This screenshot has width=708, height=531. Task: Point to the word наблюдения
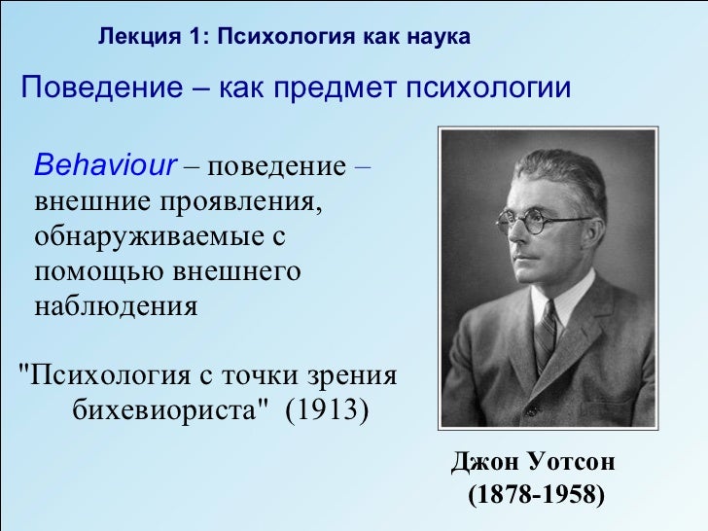click(116, 307)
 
